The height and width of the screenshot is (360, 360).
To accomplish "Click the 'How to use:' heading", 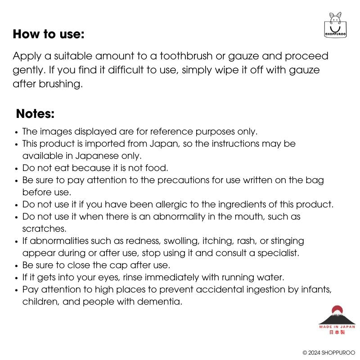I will (x=49, y=34).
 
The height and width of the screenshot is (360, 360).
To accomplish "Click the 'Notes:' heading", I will (x=35, y=114).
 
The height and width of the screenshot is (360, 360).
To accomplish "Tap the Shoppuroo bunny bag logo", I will (x=335, y=26).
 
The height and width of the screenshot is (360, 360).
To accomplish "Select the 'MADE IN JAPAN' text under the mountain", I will (x=337, y=327).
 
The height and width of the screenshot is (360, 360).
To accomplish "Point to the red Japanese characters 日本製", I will (x=337, y=333).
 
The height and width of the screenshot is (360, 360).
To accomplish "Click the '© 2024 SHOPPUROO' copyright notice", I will (x=328, y=352).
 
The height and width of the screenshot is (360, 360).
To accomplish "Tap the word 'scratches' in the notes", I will (x=44, y=229).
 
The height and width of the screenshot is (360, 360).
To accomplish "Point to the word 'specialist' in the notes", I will (x=275, y=253).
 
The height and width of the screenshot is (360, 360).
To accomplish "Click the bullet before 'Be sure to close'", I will (x=17, y=265).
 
